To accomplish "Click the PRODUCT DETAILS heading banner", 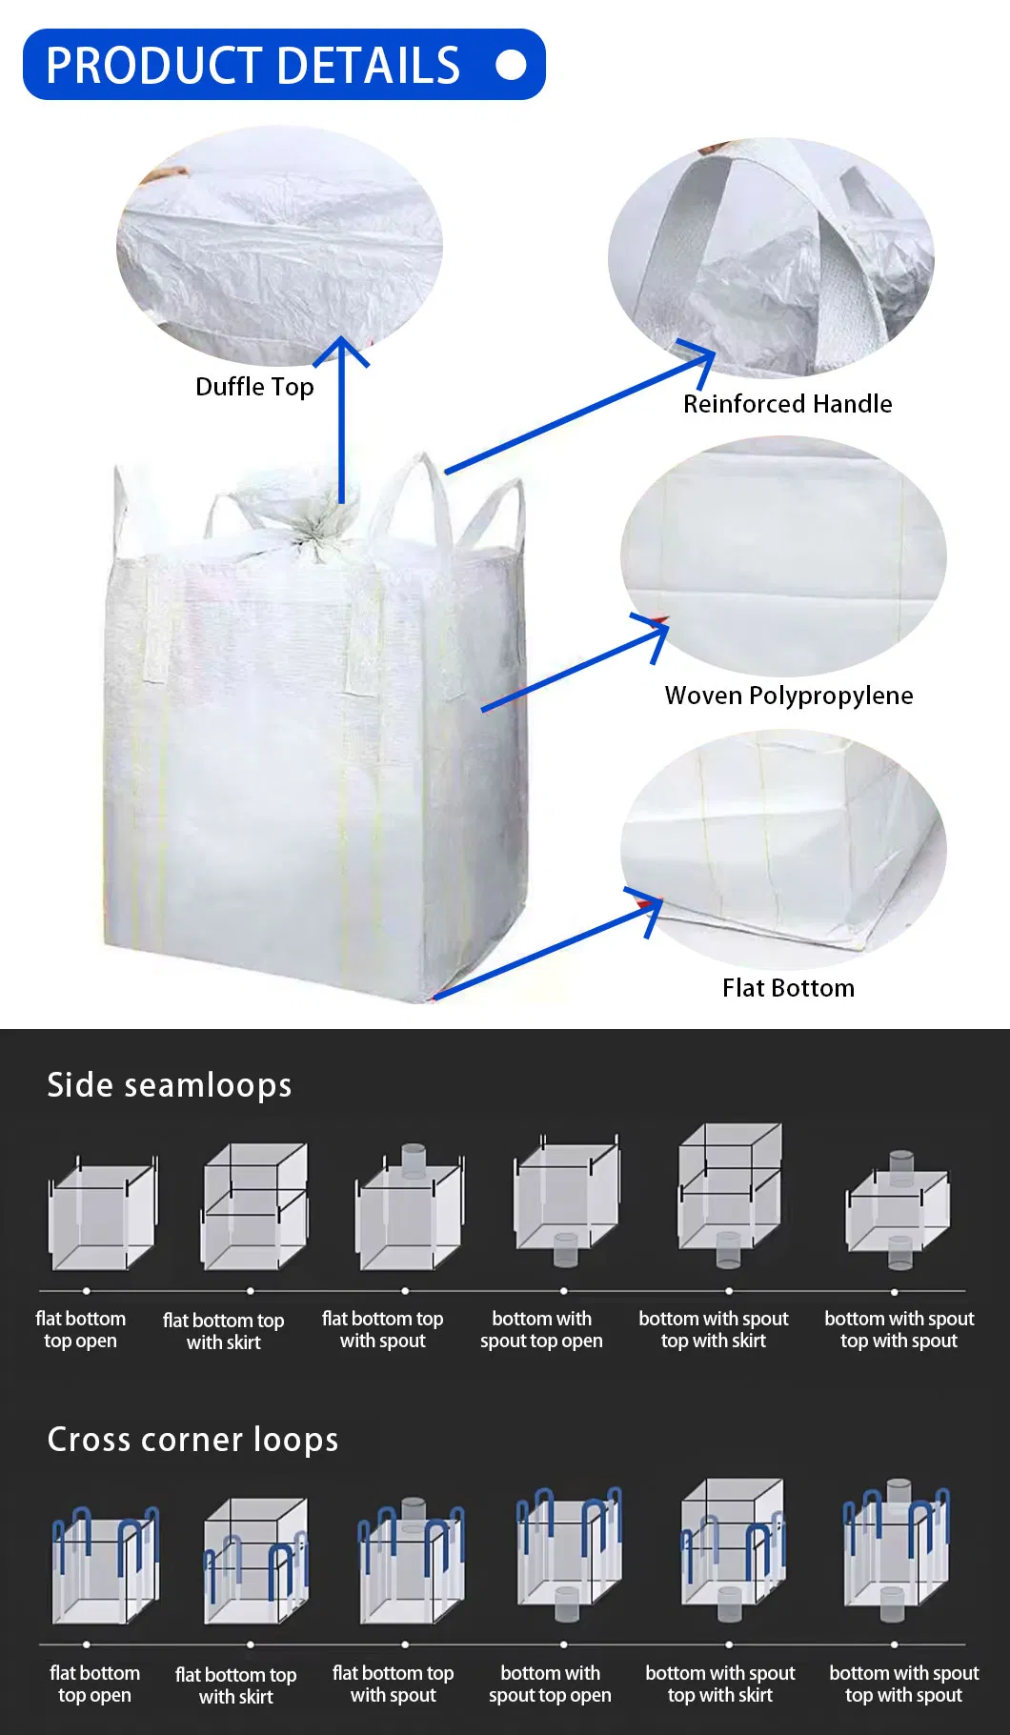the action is (x=284, y=65).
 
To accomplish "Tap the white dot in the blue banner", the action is (x=512, y=65).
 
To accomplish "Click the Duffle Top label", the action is (x=254, y=387).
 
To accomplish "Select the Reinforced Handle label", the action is (x=787, y=404).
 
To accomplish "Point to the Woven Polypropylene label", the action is (x=789, y=696).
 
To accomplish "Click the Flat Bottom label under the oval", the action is (x=788, y=988).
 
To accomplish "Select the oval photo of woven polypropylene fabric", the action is (x=783, y=555).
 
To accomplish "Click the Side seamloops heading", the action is (x=170, y=1085).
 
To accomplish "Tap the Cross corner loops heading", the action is (x=192, y=1440).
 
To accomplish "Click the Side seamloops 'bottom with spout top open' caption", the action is (x=541, y=1330).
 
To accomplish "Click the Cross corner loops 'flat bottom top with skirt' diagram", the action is (x=255, y=1561).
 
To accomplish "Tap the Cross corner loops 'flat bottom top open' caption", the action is (x=94, y=1685).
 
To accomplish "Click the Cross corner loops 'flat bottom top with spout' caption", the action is (x=393, y=1685).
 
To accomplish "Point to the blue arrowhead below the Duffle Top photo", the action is (x=341, y=351).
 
